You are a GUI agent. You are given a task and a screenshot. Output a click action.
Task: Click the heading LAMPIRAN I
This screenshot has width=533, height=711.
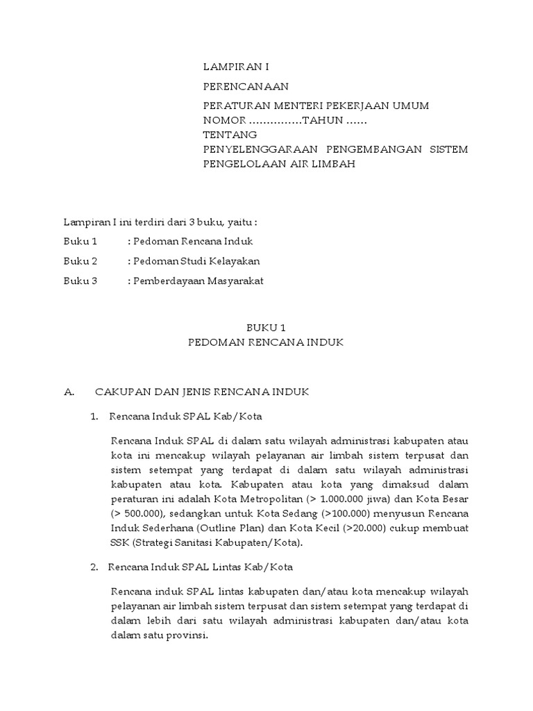click(235, 67)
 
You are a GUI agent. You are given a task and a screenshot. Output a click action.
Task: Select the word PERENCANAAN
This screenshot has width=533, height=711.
click(245, 87)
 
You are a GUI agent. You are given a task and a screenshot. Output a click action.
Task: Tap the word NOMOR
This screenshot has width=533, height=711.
click(223, 120)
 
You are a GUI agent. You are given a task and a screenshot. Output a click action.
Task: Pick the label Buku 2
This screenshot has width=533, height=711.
click(81, 261)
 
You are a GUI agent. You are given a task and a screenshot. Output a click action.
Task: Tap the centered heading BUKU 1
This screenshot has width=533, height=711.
click(266, 328)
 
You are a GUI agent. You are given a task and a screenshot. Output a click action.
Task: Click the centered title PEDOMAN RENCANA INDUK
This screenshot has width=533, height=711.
click(266, 342)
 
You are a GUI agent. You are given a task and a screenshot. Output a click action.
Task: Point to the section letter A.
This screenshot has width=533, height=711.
click(69, 392)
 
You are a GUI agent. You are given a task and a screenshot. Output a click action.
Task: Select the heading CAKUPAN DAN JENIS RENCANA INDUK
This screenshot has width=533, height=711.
click(202, 392)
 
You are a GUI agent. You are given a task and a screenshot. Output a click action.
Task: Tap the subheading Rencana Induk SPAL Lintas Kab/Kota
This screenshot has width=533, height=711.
click(201, 567)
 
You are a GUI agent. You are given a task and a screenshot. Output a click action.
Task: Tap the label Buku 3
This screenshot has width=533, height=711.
click(81, 281)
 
